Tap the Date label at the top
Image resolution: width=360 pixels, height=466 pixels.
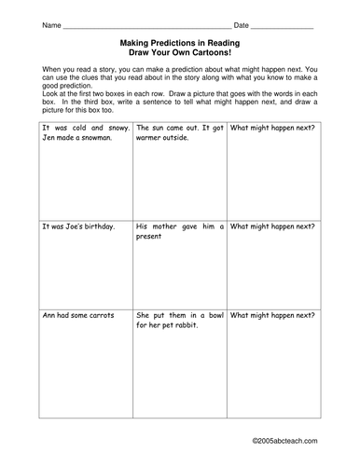click(x=242, y=24)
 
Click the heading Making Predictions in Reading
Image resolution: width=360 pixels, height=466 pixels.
click(x=180, y=43)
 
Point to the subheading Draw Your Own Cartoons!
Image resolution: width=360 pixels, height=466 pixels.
click(x=180, y=53)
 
